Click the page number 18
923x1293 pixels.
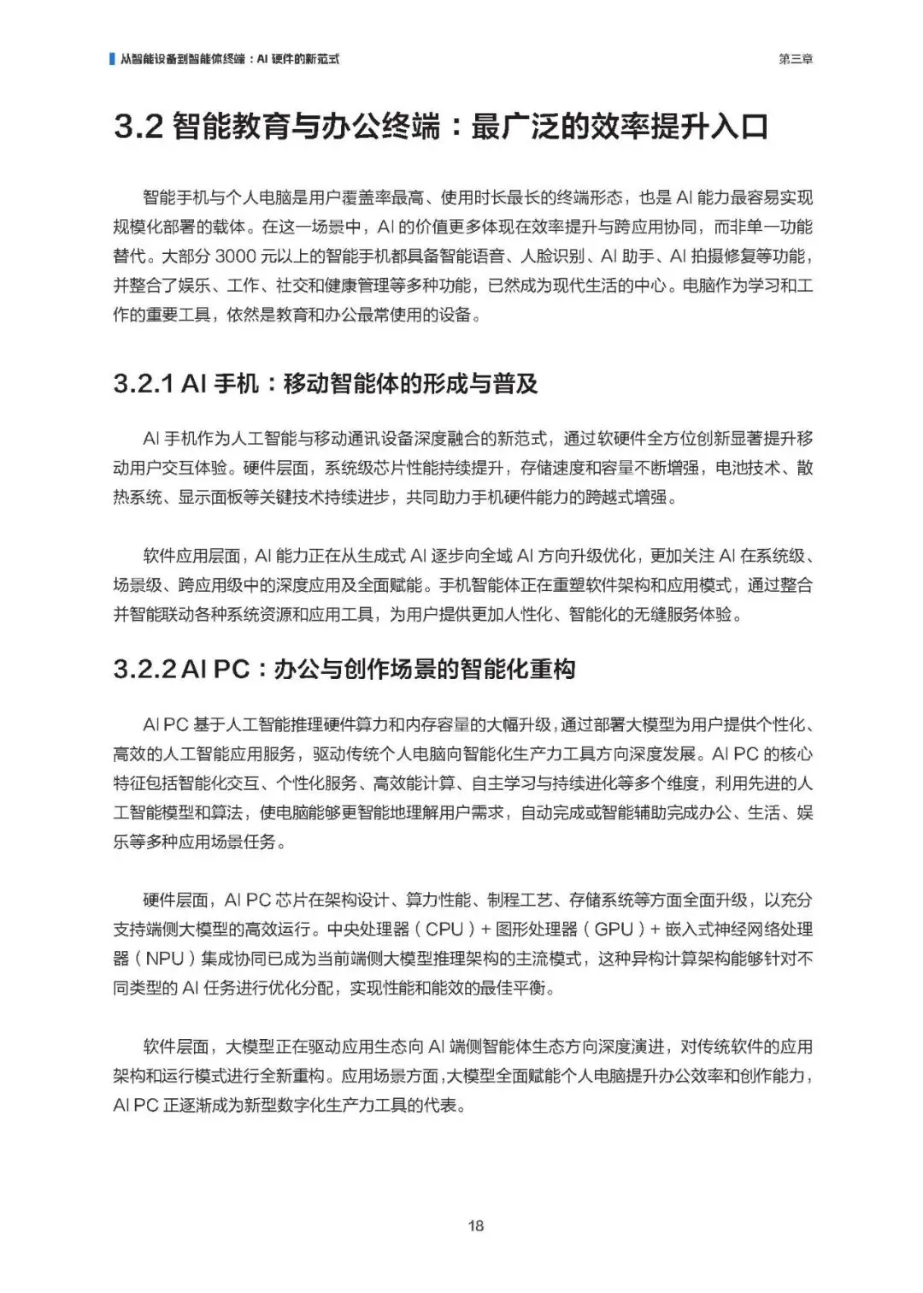click(x=476, y=1225)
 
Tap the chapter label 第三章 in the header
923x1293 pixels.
click(x=796, y=59)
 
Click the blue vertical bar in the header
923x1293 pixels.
click(x=112, y=59)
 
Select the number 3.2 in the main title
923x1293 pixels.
click(x=138, y=127)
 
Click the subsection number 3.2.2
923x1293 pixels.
click(x=145, y=669)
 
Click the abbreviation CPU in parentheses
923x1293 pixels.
click(x=444, y=930)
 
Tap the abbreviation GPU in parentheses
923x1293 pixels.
click(x=614, y=930)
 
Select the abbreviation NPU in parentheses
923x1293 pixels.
click(x=165, y=959)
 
